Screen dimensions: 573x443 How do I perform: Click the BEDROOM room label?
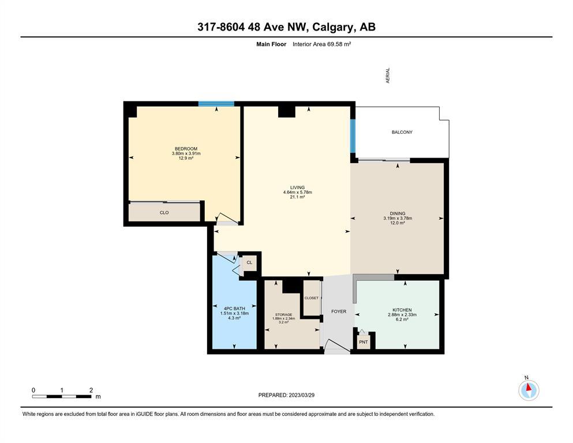(x=186, y=149)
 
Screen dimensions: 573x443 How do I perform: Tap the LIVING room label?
(x=297, y=187)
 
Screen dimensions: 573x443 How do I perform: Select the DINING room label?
(x=398, y=213)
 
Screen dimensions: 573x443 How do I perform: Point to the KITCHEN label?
(x=402, y=310)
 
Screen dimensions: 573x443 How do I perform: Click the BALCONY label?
(x=402, y=132)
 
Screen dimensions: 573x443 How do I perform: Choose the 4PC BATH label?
(x=235, y=309)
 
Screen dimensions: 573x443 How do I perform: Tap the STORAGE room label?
(x=283, y=314)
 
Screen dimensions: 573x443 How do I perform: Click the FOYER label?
(x=339, y=311)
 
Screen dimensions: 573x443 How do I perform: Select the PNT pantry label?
(x=363, y=342)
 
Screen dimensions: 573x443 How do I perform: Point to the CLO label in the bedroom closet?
(x=164, y=212)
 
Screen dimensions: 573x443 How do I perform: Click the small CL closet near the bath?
(x=250, y=262)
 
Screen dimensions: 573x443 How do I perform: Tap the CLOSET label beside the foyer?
(x=312, y=298)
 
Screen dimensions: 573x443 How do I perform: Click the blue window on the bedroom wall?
(x=216, y=104)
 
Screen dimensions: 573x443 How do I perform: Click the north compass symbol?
(x=529, y=390)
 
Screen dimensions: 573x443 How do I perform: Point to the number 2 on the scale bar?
(x=91, y=390)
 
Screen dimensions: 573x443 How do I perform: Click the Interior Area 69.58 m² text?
(x=322, y=44)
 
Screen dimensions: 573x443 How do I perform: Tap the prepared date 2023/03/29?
(x=301, y=395)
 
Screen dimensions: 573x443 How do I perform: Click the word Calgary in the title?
(x=333, y=27)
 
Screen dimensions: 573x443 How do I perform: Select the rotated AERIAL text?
(x=388, y=75)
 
